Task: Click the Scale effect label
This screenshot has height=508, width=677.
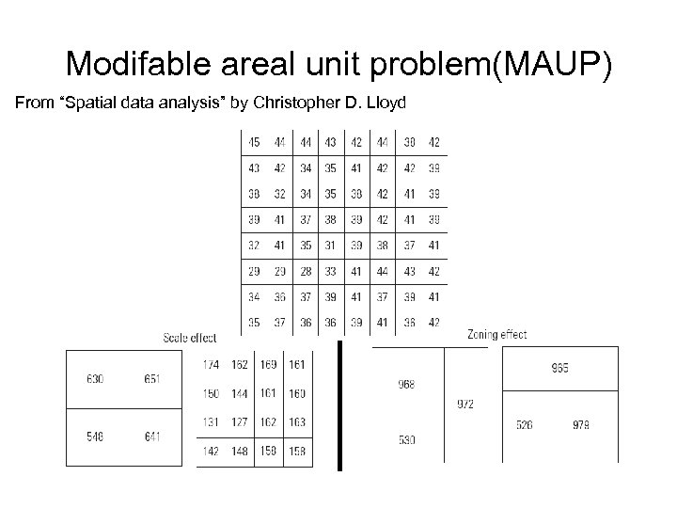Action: click(x=190, y=337)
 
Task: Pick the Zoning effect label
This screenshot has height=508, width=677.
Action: click(x=496, y=334)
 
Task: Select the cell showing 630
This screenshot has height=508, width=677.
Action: click(x=95, y=379)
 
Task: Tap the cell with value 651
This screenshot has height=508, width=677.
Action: click(x=153, y=379)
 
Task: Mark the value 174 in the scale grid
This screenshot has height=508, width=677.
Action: click(x=212, y=363)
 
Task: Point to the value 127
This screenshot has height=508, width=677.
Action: click(x=240, y=422)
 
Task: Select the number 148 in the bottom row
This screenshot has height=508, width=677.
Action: click(x=240, y=452)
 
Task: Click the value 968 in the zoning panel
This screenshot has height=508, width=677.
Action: click(x=406, y=384)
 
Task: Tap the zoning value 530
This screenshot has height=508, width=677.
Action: click(x=406, y=439)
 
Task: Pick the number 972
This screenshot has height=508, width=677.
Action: click(x=465, y=405)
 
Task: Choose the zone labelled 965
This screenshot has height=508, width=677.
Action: click(x=560, y=368)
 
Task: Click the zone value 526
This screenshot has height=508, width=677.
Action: click(x=525, y=425)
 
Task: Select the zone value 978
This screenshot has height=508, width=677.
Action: click(x=582, y=425)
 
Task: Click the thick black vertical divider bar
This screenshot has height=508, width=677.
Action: click(x=339, y=405)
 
